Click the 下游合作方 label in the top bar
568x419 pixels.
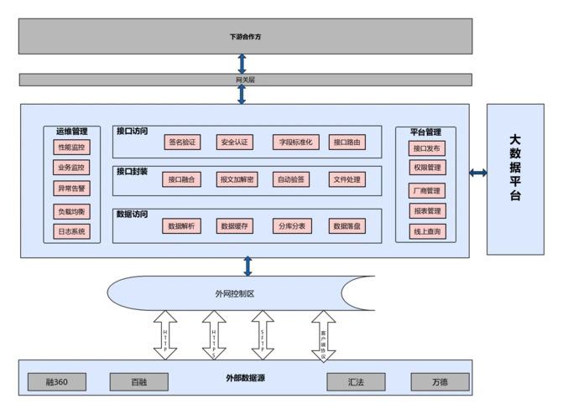pos(244,38)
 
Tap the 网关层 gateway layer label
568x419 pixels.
pos(244,80)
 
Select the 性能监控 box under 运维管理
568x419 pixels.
pos(71,147)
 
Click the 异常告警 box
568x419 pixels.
pos(71,189)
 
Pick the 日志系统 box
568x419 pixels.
pos(71,231)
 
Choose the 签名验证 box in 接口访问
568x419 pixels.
pos(182,142)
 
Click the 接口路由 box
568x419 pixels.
pos(347,142)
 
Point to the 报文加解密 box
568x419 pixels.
pos(237,179)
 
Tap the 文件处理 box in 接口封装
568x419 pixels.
pos(347,179)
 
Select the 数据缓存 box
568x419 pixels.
pos(235,226)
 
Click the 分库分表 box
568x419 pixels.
pos(292,226)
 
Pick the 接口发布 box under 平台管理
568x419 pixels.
pos(427,148)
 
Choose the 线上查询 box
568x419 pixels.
pos(427,231)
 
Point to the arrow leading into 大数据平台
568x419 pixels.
pos(477,173)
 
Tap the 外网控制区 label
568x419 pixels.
pos(235,293)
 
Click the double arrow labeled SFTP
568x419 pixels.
pos(263,335)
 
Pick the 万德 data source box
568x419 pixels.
pos(440,382)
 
